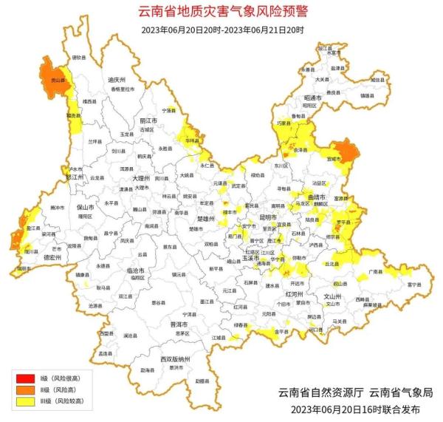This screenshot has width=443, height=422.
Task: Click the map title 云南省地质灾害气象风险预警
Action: click(221, 12)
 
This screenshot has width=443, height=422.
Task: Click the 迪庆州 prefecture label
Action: click(117, 79)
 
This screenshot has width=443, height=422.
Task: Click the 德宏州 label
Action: click(52, 257)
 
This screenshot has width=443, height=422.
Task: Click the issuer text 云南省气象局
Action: click(401, 392)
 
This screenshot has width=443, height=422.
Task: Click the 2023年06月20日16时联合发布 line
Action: click(355, 408)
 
